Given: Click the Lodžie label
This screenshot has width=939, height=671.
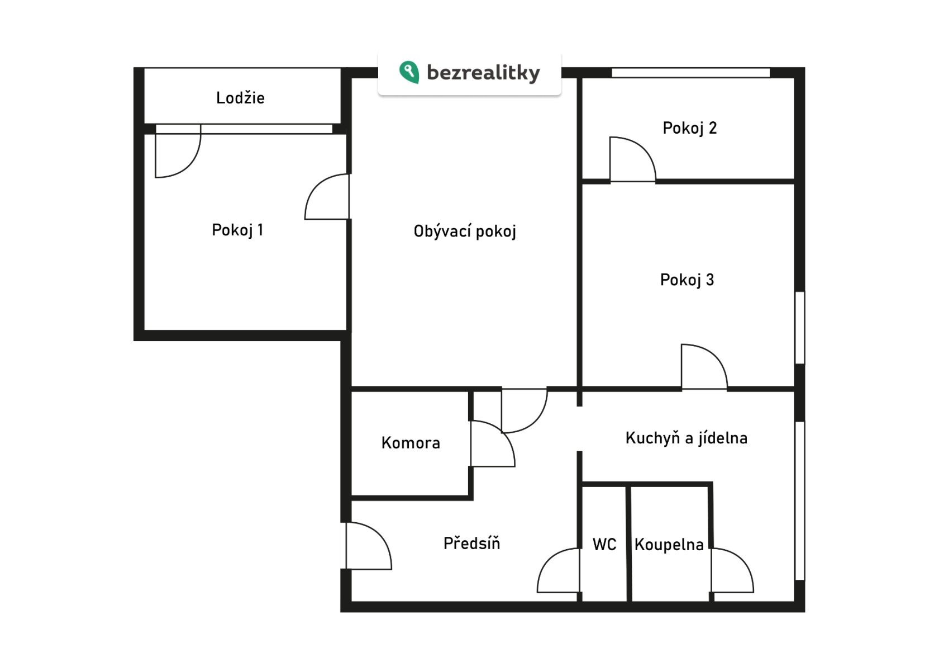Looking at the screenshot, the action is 240,98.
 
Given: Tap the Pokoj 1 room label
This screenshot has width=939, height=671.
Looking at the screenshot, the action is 237,230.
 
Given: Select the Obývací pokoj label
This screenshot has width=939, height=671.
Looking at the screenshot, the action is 464,231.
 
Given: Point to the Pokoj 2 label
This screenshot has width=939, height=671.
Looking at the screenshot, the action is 689,128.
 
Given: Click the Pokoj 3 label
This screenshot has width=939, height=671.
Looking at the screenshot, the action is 687,280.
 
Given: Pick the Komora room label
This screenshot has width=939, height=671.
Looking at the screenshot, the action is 411,443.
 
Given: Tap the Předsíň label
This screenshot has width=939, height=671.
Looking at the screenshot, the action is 471,543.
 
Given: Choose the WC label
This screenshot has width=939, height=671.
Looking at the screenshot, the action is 604,545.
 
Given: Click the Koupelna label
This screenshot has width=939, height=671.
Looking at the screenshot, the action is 669,545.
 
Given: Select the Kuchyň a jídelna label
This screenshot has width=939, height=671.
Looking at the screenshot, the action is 686,438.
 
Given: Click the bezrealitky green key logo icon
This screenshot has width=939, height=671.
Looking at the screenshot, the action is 409,72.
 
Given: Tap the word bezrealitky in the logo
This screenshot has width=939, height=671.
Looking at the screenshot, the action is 483,73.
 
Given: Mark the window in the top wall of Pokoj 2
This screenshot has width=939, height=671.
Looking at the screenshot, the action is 690,73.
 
